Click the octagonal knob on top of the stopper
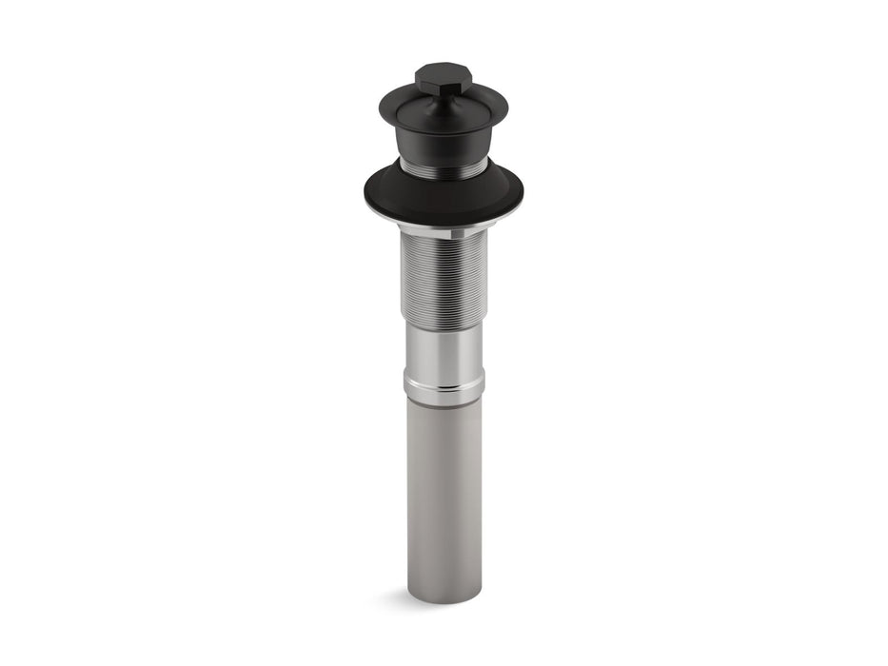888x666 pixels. (443, 80)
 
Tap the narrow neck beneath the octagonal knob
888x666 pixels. (443, 97)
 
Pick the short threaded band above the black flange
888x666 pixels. (443, 168)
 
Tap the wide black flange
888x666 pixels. (443, 195)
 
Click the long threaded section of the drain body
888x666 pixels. (443, 276)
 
